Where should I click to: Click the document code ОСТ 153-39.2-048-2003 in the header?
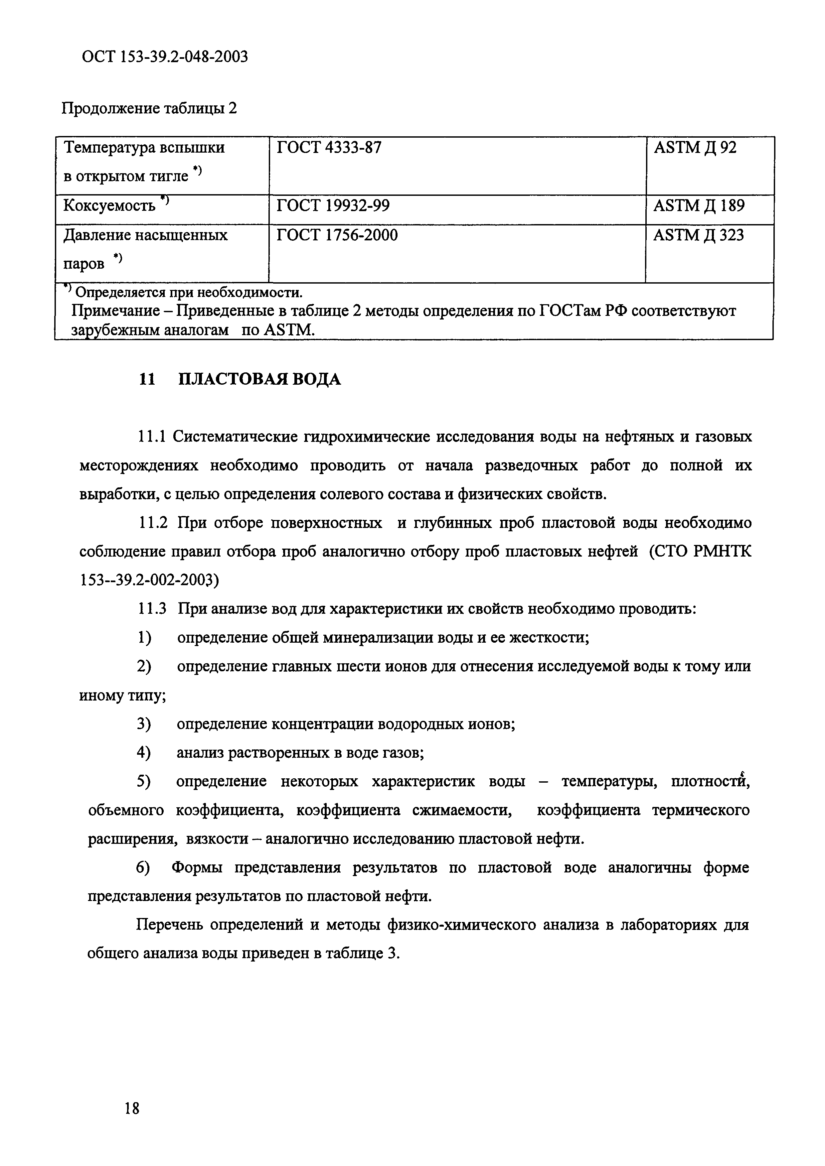point(165,57)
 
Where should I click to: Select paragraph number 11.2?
point(152,523)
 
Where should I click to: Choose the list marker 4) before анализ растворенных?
point(143,753)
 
